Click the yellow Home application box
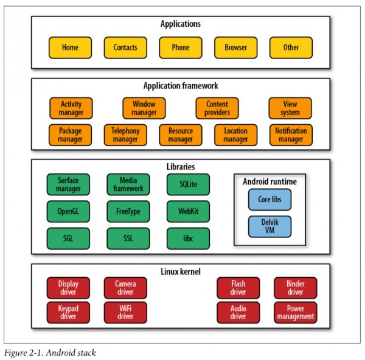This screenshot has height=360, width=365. coord(70,48)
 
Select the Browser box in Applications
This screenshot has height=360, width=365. coord(236,48)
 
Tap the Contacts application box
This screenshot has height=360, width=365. coord(125,48)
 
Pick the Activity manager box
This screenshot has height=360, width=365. coord(71,108)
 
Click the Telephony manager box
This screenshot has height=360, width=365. coord(125,135)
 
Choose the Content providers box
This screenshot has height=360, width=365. coord(217,108)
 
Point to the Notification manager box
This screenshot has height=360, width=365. coord(291,135)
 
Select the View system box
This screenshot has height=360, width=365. coord(290,108)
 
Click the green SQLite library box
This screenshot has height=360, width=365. coord(189,185)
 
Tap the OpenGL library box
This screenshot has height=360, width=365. coord(68,211)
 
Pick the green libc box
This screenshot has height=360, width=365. coord(189,239)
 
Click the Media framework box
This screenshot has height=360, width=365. coord(128,185)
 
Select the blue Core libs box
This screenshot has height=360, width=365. coord(269,200)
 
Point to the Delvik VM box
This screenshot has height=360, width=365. coord(269,227)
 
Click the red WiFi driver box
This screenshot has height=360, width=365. coord(125,312)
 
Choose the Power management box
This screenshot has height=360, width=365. coord(296,312)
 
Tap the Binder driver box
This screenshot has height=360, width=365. coord(296,288)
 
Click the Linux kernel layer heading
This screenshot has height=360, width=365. coord(181,272)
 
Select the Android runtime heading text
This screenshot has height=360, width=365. coord(269,182)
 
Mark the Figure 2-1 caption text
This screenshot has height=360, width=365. coord(50,353)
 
